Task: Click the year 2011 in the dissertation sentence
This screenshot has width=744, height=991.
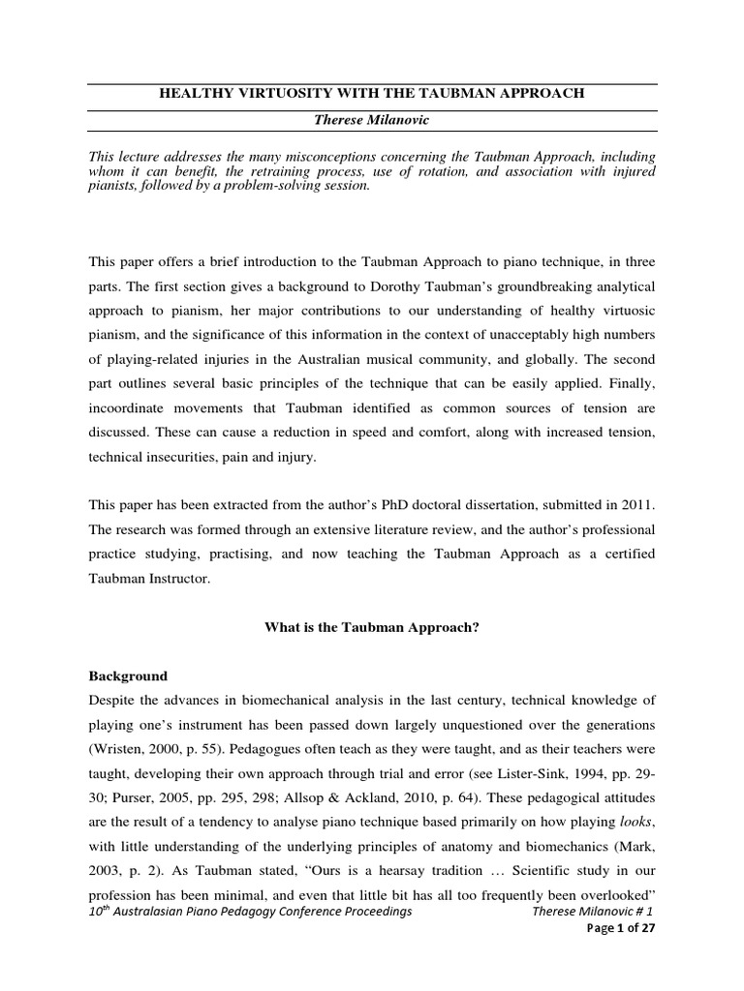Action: click(x=638, y=505)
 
